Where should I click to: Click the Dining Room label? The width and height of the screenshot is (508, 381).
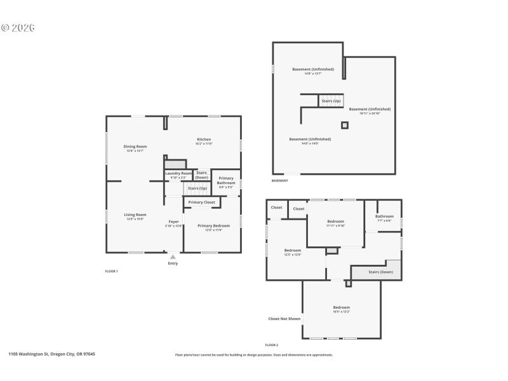click(x=135, y=147)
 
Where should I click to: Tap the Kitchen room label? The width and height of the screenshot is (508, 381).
click(x=204, y=140)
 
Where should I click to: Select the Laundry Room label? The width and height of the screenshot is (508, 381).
click(x=178, y=173)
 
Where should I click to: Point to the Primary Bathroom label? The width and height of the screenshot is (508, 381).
click(x=226, y=180)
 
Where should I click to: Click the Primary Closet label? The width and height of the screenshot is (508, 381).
click(x=202, y=203)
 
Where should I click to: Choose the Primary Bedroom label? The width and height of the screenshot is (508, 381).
click(x=213, y=225)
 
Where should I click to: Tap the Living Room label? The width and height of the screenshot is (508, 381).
click(x=135, y=215)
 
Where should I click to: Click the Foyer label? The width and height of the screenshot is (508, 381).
click(x=173, y=222)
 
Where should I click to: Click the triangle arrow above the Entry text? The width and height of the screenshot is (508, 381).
click(x=173, y=257)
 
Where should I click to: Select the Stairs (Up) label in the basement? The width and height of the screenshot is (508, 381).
click(x=331, y=101)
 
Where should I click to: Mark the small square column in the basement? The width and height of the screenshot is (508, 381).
click(x=345, y=125)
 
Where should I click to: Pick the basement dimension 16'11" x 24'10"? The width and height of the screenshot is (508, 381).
click(x=370, y=114)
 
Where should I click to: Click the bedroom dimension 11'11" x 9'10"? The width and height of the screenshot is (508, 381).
click(x=335, y=225)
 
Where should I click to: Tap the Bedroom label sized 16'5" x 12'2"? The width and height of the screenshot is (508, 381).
click(x=342, y=307)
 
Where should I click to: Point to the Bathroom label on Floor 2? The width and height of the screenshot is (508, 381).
click(x=384, y=217)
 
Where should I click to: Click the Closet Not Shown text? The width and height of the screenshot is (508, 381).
click(x=284, y=319)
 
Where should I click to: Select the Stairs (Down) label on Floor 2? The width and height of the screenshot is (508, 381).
click(x=381, y=272)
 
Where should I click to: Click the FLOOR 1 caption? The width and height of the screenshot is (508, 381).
click(x=112, y=271)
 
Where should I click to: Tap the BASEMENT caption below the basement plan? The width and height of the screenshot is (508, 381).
click(x=280, y=181)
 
